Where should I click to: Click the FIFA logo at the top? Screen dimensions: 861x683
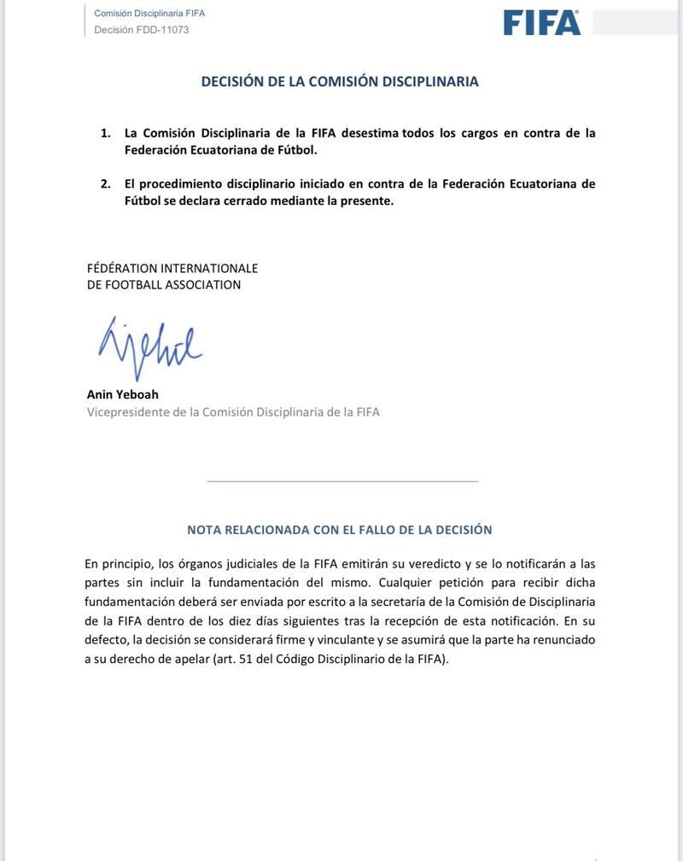tap(541, 22)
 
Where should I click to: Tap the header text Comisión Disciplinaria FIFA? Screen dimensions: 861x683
tap(149, 14)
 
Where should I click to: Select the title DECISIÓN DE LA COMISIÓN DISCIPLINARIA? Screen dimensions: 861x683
tap(340, 82)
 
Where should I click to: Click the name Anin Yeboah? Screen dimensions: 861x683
tap(123, 393)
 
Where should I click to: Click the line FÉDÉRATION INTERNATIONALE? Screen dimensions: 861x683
tap(172, 268)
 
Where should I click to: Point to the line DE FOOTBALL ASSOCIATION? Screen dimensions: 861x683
tap(164, 285)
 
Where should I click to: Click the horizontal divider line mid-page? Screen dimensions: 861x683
tap(342, 482)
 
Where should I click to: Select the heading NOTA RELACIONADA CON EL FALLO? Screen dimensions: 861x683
tap(340, 529)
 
